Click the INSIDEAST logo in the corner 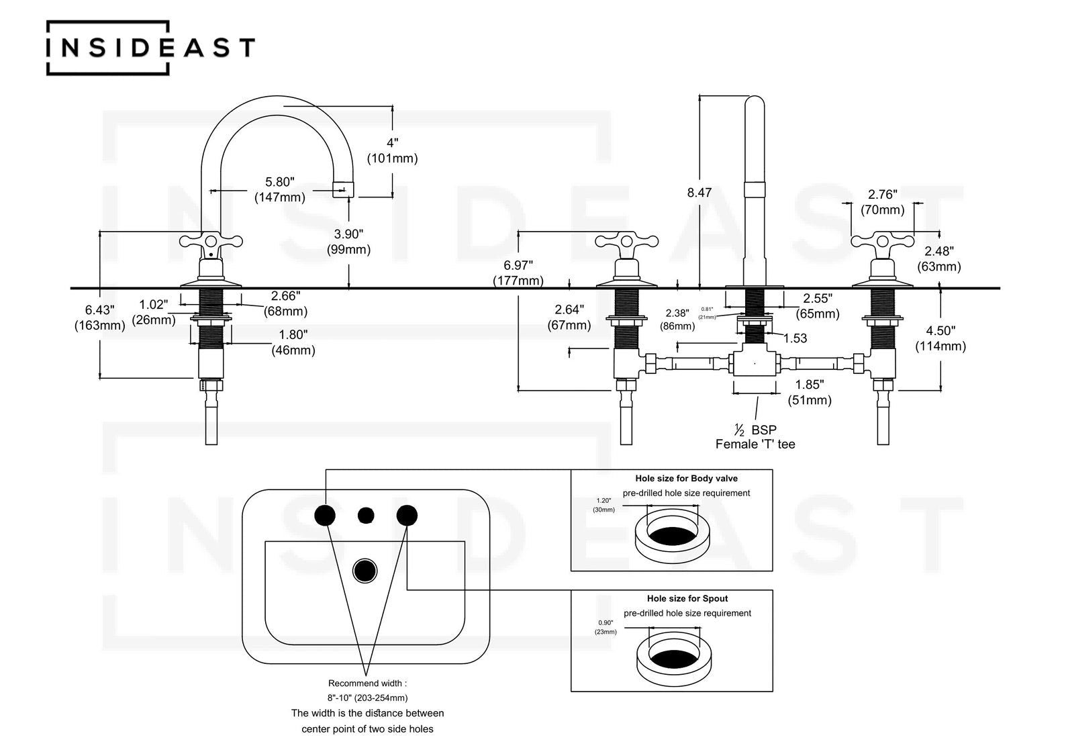click(x=150, y=48)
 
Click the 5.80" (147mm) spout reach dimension click(x=279, y=189)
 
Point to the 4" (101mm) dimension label click(x=392, y=150)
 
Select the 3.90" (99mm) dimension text click(x=349, y=242)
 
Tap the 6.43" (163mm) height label click(x=99, y=318)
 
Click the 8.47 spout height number click(x=699, y=193)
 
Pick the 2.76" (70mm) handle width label click(x=882, y=202)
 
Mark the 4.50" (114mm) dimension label click(x=940, y=338)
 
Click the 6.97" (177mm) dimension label click(x=518, y=273)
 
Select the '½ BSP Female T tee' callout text click(x=755, y=437)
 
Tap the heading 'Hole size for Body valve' click(x=686, y=479)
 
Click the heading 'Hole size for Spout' click(x=687, y=598)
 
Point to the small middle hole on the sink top click(x=366, y=515)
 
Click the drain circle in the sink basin click(x=365, y=570)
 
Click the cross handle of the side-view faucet click(x=210, y=242)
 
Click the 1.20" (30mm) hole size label click(x=603, y=505)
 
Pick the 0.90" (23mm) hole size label click(x=605, y=626)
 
